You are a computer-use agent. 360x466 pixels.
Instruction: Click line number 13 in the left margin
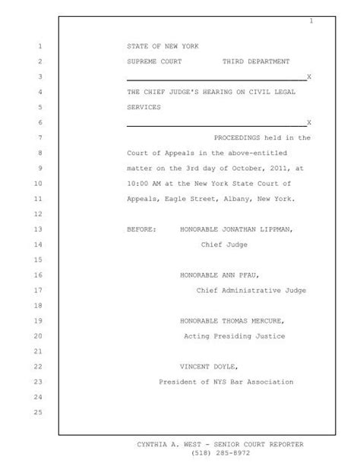[x=39, y=228]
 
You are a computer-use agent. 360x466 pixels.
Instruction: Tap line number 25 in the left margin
[x=39, y=412]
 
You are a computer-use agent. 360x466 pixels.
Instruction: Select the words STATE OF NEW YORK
[x=163, y=46]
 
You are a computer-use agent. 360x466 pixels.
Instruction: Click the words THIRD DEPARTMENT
[x=255, y=61]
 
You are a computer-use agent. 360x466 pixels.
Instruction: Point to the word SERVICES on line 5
[x=144, y=107]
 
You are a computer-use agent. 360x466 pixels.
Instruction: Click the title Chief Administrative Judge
[x=244, y=289]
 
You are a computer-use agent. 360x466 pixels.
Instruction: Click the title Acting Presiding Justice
[x=235, y=335]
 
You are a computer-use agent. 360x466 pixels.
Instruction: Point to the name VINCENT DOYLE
[x=208, y=366]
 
